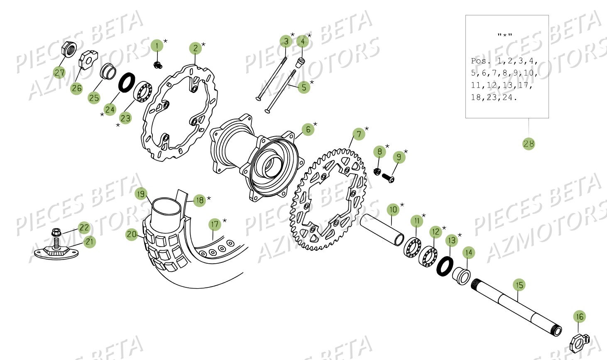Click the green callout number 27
[59, 73]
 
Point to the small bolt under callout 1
[157, 64]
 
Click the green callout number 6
[308, 130]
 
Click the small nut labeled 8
[377, 171]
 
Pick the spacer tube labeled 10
[382, 230]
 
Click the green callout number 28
[529, 144]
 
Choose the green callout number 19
[141, 194]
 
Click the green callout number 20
[132, 235]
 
